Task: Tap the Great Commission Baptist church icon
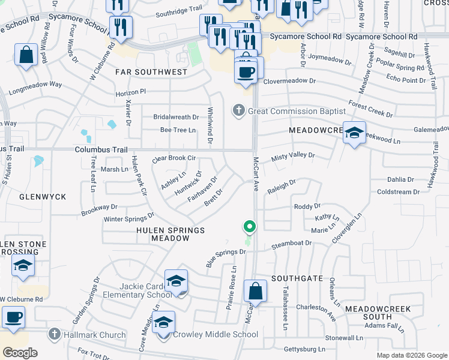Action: coord(239,111)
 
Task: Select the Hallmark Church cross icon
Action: coord(54,335)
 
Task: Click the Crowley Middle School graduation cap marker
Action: coord(163,323)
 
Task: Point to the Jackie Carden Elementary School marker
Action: coord(176,281)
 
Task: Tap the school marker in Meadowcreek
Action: coord(354,133)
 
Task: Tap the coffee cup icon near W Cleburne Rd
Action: coord(13,317)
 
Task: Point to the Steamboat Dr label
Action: coord(291,244)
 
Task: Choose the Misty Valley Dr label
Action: coord(292,155)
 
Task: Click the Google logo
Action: coord(20,352)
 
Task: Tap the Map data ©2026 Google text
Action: coord(411,355)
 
